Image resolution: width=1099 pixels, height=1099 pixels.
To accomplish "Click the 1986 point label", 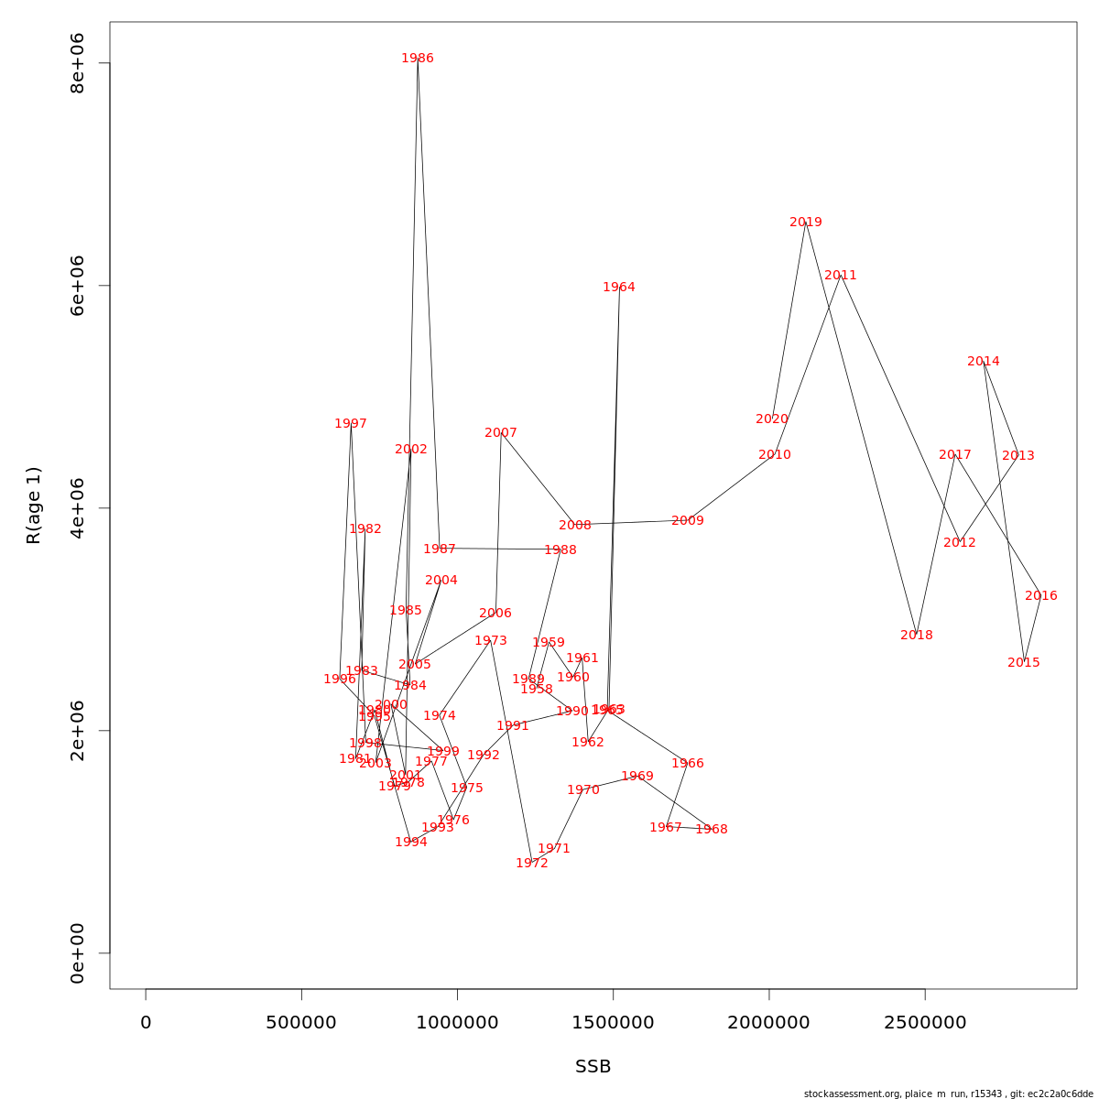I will point(418,59).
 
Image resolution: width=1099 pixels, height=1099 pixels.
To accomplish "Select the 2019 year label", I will point(806,223).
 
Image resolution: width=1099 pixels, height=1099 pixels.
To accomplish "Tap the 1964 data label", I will point(619,288).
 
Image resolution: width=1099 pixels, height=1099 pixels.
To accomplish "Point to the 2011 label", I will point(841,276).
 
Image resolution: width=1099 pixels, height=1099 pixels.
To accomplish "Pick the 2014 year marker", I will point(984,362).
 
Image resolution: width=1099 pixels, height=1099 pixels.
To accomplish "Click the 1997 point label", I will point(351,424).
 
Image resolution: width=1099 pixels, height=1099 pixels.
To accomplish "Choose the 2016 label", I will point(1041,596).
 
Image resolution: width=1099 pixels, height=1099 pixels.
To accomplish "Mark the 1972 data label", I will point(532,864).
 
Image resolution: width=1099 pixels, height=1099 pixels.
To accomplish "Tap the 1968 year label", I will point(712,830).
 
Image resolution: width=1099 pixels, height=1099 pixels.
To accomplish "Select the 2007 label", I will point(501,433).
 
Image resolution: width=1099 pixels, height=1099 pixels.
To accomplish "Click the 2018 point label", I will point(917,636).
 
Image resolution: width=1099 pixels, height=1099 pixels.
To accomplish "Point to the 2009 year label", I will point(688,521).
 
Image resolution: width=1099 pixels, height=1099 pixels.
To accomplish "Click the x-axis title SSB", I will point(593,1067).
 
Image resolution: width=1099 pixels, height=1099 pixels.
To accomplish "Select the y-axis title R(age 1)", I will point(34,506).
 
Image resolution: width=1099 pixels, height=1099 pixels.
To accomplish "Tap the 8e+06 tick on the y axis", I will point(78,63).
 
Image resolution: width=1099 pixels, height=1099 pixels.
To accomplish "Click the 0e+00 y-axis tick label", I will point(78,953).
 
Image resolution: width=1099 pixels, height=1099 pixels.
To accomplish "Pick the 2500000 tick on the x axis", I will point(925,1023).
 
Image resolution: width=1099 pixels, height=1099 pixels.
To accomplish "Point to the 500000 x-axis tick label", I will point(301,1023).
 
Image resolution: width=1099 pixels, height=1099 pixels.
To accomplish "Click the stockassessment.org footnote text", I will point(948,1094).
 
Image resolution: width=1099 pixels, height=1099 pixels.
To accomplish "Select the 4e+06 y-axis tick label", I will point(78,508).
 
